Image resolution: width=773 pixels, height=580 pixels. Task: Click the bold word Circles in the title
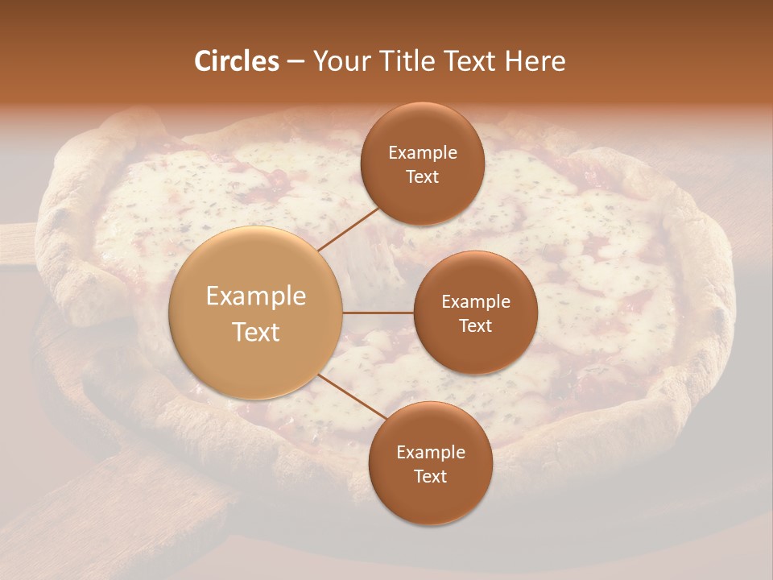[236, 61]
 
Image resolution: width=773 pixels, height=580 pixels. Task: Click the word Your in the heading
[339, 62]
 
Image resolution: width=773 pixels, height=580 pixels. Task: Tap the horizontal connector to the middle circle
[378, 313]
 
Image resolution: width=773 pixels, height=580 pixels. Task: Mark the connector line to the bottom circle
[351, 396]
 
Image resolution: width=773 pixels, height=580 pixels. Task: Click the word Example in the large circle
[256, 296]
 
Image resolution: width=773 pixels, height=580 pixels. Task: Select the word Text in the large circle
[256, 332]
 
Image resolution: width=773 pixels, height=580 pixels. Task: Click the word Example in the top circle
[423, 153]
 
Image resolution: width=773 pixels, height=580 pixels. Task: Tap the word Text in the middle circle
[475, 326]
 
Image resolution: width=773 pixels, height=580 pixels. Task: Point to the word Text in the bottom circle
[430, 477]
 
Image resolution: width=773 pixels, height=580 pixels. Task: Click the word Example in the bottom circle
[431, 453]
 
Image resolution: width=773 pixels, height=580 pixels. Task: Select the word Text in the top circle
[422, 177]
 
